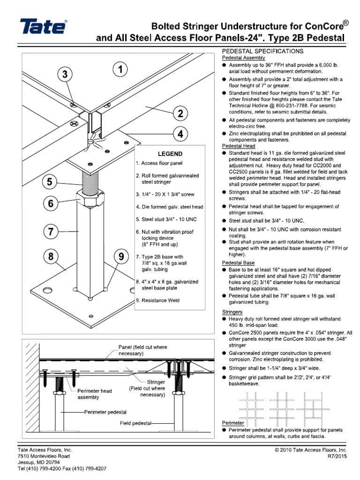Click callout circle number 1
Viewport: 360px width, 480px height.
121,70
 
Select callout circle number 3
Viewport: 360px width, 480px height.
65,75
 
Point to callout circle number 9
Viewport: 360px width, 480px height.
121,257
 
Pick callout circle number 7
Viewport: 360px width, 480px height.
52,231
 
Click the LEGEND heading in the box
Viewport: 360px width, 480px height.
170,154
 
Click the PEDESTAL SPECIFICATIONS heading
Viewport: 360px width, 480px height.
262,51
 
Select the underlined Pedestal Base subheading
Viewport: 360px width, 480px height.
238,263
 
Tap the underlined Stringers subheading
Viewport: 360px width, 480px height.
232,311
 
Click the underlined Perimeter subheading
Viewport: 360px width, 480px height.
233,423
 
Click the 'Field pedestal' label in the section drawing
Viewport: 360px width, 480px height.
135,423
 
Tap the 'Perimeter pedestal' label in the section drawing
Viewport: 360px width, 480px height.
105,412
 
